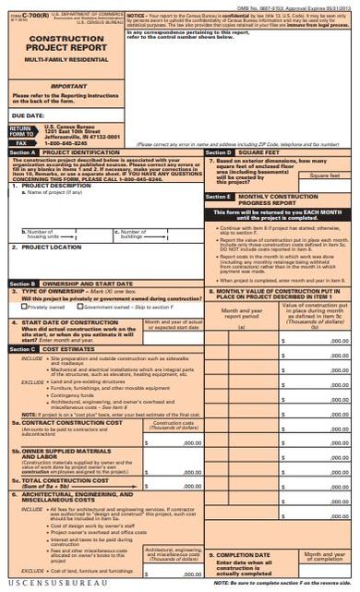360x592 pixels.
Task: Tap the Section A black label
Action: click(22, 151)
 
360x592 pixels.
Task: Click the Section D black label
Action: click(218, 151)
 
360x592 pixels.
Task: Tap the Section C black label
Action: click(22, 374)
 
